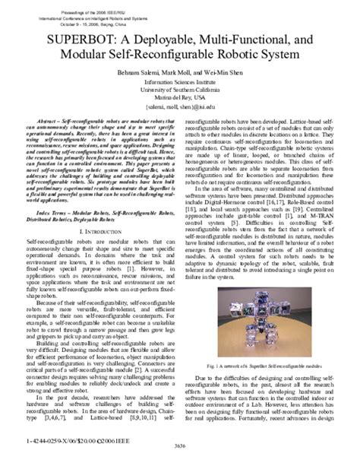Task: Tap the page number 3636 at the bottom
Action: (178, 455)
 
